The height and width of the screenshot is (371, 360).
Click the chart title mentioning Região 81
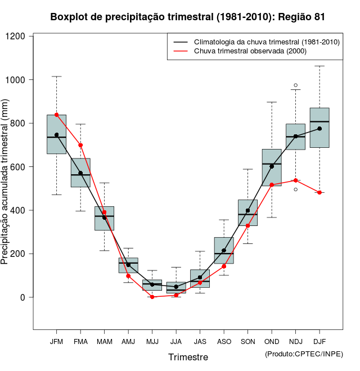pyautogui.click(x=187, y=17)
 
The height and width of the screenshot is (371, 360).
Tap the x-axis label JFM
pyautogui.click(x=56, y=341)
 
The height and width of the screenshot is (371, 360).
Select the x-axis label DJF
pyautogui.click(x=319, y=341)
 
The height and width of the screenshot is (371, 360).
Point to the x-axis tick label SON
pyautogui.click(x=247, y=341)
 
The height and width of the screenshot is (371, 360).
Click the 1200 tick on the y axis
pyautogui.click(x=16, y=37)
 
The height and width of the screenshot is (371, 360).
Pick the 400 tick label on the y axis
pyautogui.click(x=19, y=210)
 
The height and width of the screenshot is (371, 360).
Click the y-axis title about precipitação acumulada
pyautogui.click(x=5, y=182)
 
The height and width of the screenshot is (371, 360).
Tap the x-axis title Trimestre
pyautogui.click(x=188, y=357)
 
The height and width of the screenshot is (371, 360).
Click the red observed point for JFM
pyautogui.click(x=56, y=115)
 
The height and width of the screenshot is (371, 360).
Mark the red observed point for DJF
pyautogui.click(x=319, y=192)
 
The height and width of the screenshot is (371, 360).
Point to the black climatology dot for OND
pyautogui.click(x=272, y=166)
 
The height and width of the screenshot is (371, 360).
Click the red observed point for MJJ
pyautogui.click(x=152, y=297)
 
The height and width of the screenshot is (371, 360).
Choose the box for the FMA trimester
pyautogui.click(x=80, y=173)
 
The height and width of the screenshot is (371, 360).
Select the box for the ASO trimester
pyautogui.click(x=224, y=250)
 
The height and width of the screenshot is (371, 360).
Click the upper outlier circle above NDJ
pyautogui.click(x=296, y=85)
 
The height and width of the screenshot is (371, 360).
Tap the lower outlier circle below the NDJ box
pyautogui.click(x=296, y=189)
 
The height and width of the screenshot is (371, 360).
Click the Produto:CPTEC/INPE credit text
pyautogui.click(x=304, y=354)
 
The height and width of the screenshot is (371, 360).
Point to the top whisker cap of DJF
pyautogui.click(x=319, y=66)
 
